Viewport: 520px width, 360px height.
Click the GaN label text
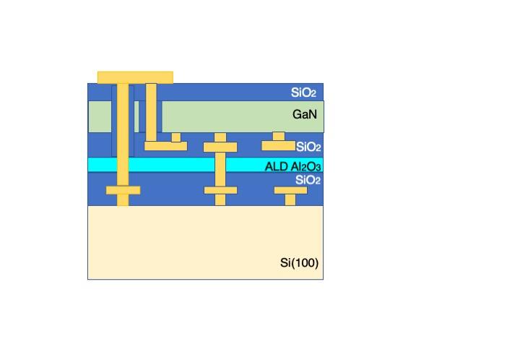click(x=305, y=114)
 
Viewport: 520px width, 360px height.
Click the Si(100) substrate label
click(x=299, y=263)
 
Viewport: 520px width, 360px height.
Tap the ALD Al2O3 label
click(x=292, y=166)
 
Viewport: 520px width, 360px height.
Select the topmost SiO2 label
click(x=303, y=93)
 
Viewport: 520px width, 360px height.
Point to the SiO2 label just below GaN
click(x=308, y=147)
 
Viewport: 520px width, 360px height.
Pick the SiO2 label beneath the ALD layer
click(x=308, y=180)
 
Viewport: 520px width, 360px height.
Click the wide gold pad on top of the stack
click(x=135, y=77)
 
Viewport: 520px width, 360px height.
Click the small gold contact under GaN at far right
click(x=279, y=137)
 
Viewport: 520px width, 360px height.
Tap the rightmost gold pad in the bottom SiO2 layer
click(x=290, y=190)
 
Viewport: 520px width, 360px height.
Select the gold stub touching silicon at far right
click(x=290, y=200)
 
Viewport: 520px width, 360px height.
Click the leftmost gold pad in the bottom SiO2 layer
click(x=123, y=190)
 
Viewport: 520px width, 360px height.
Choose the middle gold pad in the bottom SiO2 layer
click(x=220, y=190)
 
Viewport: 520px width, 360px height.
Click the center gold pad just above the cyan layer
click(x=220, y=147)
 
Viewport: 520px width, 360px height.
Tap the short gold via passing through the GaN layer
click(x=151, y=113)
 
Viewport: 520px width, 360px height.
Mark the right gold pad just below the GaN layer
click(x=278, y=145)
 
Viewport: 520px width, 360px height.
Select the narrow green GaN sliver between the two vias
click(x=136, y=116)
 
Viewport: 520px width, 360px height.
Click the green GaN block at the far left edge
click(x=100, y=116)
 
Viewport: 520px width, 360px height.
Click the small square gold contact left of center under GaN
click(x=176, y=137)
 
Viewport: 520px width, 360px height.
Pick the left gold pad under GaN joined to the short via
click(x=166, y=146)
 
